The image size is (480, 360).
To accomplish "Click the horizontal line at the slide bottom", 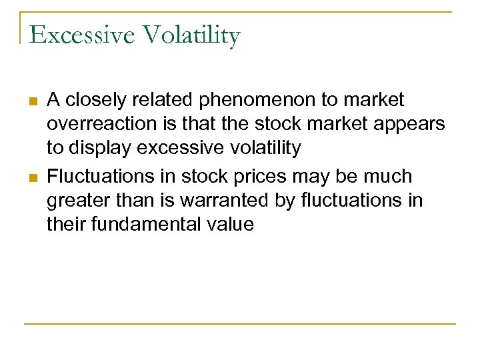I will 240,324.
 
